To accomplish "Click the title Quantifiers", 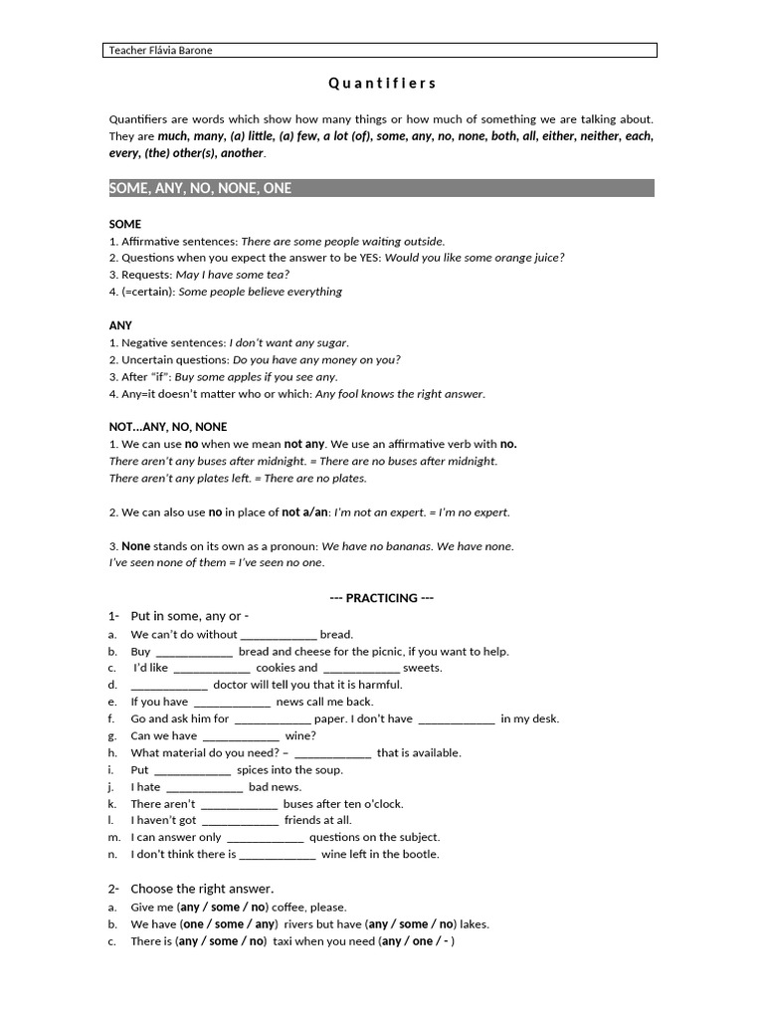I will coord(382,84).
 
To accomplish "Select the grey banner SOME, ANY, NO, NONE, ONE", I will coord(381,188).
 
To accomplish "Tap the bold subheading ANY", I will coord(120,325).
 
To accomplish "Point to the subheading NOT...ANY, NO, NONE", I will coord(168,427).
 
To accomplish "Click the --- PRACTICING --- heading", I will coord(381,598).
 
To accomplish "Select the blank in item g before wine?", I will coord(241,736).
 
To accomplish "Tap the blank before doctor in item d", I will coord(169,686).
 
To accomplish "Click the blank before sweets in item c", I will coord(361,669).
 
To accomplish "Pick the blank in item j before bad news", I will coord(204,787).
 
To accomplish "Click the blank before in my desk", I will coord(456,719).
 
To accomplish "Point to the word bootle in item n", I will coord(421,854).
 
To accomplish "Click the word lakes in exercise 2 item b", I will coord(474,924).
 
